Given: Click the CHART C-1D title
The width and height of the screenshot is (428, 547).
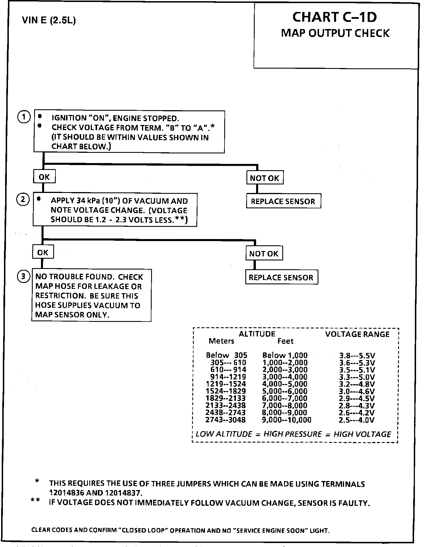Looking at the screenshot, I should coord(335,17).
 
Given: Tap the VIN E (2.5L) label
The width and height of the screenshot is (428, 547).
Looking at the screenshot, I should coord(49,20).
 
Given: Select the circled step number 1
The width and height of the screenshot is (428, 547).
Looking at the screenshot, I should coord(24,117).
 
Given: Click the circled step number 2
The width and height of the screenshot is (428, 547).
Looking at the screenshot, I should coord(23,199).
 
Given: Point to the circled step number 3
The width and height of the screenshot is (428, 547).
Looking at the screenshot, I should coord(23,276).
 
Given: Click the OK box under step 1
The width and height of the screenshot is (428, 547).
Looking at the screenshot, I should coord(44,177).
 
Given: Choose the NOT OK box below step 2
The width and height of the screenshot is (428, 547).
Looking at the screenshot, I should coord(264,253).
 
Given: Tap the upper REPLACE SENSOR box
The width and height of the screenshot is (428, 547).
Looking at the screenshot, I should coord(283,201).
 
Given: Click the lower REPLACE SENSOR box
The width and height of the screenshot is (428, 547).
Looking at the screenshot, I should coord(281,277).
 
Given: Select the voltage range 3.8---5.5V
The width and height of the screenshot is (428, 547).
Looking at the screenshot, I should coord(357,355).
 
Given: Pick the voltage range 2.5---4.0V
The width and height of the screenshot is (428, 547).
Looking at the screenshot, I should coord(357,420).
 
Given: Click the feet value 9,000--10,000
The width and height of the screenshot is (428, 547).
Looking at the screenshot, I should coord(287,420).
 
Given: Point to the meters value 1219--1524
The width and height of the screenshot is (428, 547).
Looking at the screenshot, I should coord(226,384).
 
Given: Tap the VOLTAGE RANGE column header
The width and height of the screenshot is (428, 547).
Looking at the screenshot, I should coord(357,334).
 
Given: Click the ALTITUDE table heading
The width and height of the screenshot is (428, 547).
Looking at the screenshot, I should coord(257,334).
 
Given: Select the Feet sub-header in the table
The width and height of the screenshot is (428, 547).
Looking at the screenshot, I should coord(285,341).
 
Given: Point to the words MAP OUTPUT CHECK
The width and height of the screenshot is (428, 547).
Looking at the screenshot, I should coord(335,33).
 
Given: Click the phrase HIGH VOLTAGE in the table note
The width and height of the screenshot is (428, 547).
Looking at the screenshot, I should coord(362,434).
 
